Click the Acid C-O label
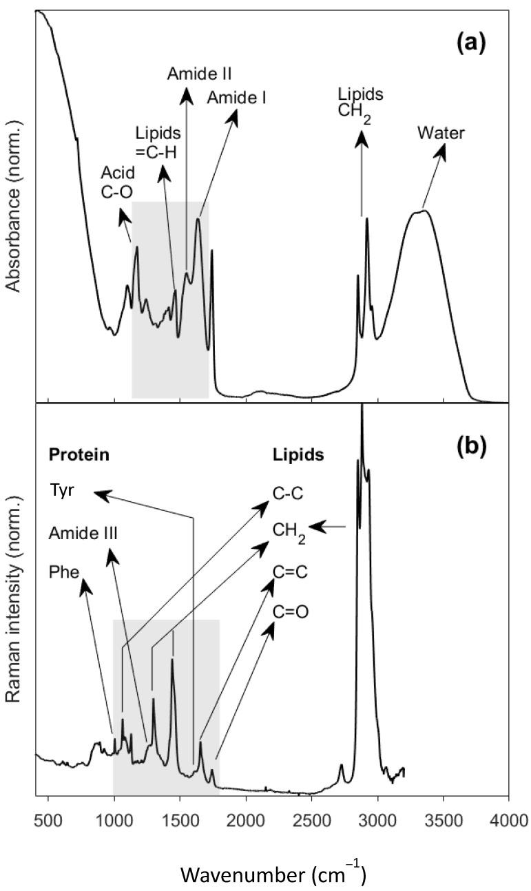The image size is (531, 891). [x=118, y=181]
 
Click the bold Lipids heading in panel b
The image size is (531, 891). [x=297, y=456]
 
